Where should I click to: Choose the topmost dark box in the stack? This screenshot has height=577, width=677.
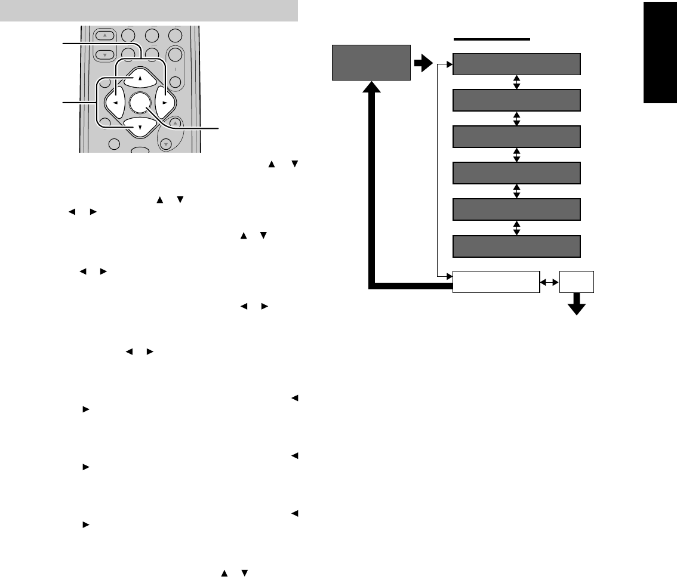point(516,64)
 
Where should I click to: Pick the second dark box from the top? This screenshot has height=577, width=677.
point(516,100)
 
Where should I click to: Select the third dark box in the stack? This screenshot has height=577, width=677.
point(516,137)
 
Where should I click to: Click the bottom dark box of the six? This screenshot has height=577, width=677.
point(516,246)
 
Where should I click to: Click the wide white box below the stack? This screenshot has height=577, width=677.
point(496,282)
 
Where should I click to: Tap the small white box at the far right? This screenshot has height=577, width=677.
point(577,282)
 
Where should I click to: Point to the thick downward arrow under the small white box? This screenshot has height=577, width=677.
point(577,306)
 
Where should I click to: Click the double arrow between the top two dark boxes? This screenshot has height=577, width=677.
point(517,82)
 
